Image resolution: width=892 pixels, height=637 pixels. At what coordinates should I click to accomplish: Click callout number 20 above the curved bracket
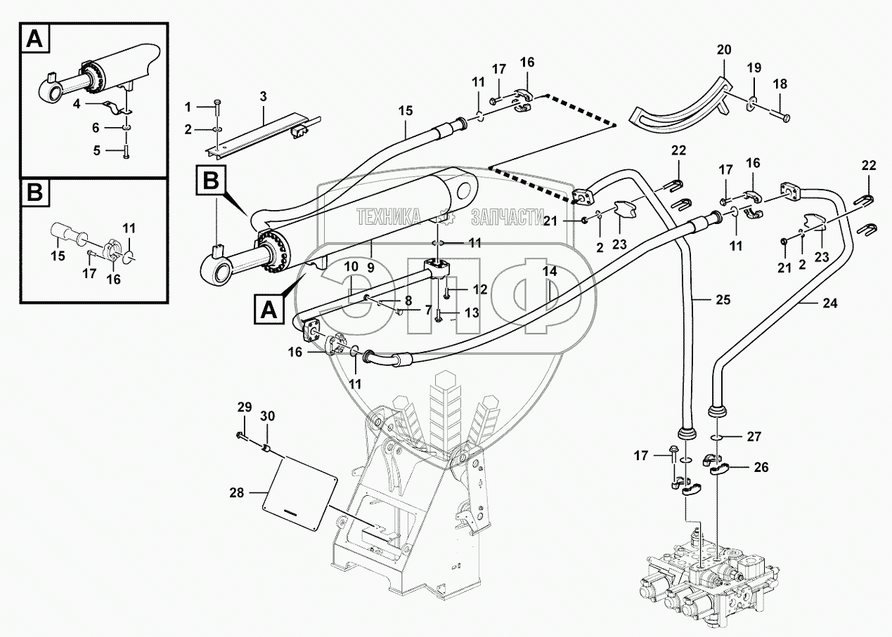[723, 50]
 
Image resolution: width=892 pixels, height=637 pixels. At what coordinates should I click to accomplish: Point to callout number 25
[723, 300]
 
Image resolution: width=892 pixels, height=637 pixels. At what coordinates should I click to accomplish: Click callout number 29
[243, 408]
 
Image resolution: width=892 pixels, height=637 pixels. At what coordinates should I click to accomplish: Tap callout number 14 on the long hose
[550, 270]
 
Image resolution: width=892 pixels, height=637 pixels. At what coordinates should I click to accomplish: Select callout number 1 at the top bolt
[188, 106]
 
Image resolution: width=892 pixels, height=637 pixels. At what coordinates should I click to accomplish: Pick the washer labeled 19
[753, 103]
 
